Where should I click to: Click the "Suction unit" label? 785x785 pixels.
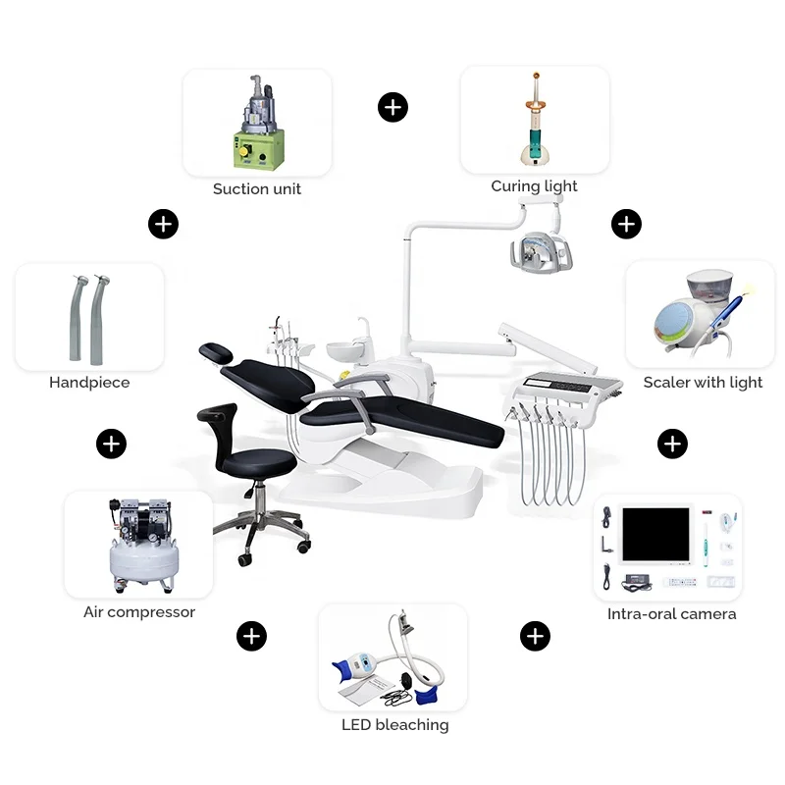[x=257, y=188]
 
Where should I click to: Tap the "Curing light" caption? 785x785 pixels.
[x=534, y=186]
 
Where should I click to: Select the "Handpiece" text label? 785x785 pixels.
[x=89, y=383]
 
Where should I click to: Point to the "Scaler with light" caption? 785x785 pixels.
[x=703, y=383]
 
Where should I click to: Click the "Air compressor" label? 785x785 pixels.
[x=139, y=612]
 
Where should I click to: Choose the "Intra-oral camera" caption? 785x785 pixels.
[x=671, y=614]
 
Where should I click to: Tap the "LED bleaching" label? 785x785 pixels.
[x=394, y=725]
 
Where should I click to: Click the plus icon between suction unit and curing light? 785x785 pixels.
[x=392, y=107]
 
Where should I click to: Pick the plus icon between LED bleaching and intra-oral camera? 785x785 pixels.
[x=534, y=636]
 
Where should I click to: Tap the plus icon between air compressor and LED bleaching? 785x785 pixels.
[x=251, y=636]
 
